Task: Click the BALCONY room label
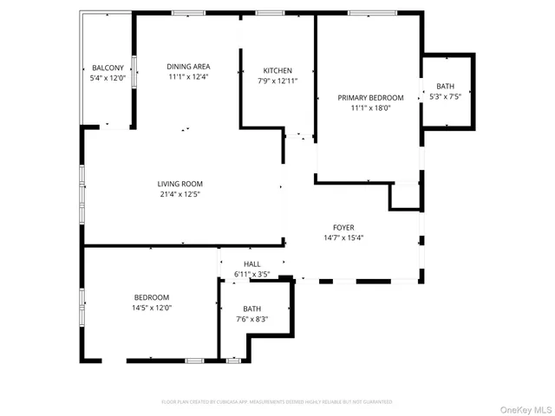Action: coord(108,68)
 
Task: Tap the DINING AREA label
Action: coord(188,67)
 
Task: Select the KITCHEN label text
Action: coord(277,71)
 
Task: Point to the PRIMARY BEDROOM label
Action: coord(370,98)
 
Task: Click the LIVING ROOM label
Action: coord(180,184)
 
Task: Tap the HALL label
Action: coord(252,264)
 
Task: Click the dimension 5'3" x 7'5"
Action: coord(445,96)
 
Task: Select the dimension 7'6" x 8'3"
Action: coord(252,319)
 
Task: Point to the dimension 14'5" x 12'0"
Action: coord(152,308)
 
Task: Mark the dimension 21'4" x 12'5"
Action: coord(180,194)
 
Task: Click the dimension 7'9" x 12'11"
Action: coord(277,81)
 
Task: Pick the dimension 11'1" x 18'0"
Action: coord(370,108)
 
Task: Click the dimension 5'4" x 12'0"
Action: coord(108,77)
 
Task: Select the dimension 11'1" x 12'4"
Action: coord(188,76)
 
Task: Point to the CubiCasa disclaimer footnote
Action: coord(277,402)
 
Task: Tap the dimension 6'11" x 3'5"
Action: coord(252,275)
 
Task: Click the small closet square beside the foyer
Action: coord(404,197)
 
